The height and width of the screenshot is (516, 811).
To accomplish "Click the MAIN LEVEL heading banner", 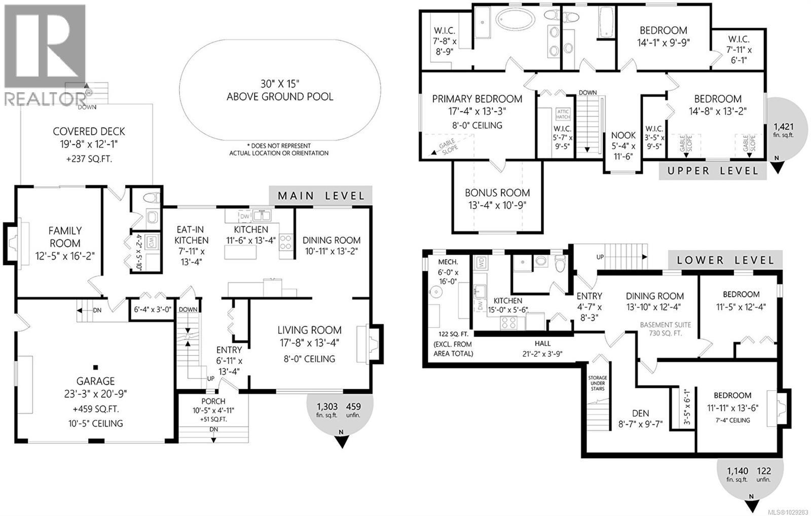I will click(321, 196).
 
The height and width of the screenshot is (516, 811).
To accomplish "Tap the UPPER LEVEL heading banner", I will click(712, 171).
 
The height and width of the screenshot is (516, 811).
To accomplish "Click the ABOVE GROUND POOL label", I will click(280, 96).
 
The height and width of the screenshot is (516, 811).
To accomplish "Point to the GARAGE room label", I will click(95, 381).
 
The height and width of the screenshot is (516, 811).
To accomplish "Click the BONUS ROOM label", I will click(497, 193).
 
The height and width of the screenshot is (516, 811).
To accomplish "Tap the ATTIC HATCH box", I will click(563, 114).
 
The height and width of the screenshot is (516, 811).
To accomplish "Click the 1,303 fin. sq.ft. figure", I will click(327, 407).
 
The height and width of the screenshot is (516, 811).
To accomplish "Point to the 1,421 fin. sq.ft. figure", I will click(783, 127).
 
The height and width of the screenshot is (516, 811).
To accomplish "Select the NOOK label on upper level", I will click(623, 135).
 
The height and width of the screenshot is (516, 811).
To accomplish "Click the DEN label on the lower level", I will click(640, 413).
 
